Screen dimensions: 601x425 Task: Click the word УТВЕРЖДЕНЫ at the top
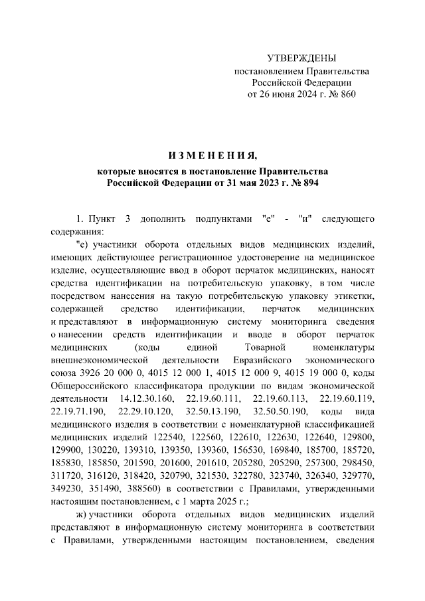301,58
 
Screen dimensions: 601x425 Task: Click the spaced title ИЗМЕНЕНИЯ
212,157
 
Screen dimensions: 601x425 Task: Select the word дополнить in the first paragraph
160,219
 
